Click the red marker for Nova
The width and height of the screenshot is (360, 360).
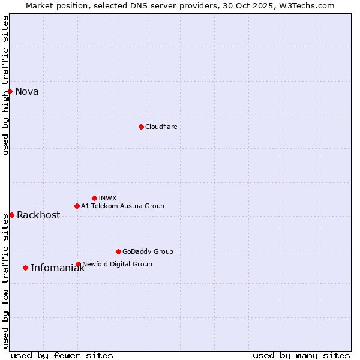(x=10, y=91)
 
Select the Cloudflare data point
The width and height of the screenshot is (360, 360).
(x=141, y=127)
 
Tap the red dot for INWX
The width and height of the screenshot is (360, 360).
(x=94, y=198)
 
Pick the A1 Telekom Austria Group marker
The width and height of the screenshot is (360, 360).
(x=77, y=206)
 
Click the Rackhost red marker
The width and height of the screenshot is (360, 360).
(x=11, y=215)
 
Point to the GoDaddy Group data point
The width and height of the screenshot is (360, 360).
(x=118, y=251)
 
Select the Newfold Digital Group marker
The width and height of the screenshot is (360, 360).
(x=78, y=264)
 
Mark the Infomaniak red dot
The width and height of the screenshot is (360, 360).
(x=25, y=268)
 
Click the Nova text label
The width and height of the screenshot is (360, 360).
(x=27, y=92)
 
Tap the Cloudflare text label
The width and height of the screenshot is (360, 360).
(x=161, y=127)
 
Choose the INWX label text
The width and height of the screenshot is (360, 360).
(x=107, y=198)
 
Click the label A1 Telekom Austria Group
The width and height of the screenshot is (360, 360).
(x=122, y=206)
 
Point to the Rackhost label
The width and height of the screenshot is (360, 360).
(x=38, y=215)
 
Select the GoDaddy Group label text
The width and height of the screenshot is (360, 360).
(x=148, y=251)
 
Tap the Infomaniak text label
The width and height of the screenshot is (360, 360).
(x=58, y=268)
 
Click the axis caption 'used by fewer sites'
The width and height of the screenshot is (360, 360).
(x=62, y=355)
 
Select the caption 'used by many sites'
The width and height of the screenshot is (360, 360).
(x=301, y=355)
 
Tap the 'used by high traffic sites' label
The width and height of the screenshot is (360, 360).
(x=6, y=86)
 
